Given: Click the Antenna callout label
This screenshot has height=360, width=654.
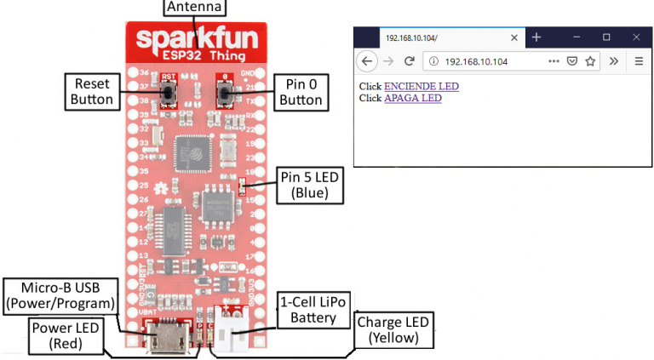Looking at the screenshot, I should (195, 8).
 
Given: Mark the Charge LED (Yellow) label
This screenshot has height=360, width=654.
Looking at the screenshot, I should (393, 330).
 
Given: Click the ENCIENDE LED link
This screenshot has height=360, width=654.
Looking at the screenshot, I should (422, 86).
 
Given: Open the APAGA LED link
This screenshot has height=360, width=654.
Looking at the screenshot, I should (412, 98).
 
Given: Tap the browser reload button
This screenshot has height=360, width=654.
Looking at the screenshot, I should (410, 61).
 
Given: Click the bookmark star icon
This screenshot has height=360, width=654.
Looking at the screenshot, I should (590, 61).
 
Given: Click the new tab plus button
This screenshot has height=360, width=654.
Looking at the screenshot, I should (536, 37).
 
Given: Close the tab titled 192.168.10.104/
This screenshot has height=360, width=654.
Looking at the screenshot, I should (513, 38).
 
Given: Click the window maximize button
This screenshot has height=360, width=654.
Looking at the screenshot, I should (606, 37).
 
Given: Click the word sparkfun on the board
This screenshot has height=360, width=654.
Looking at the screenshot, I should (195, 40).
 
